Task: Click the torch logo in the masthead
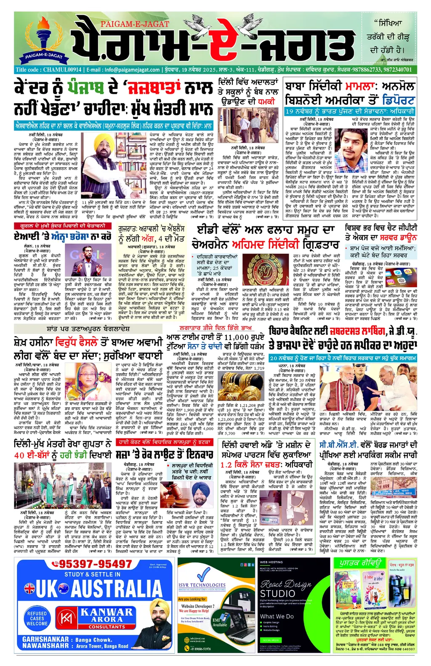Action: pos(44,37)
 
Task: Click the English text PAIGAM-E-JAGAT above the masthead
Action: pos(135,24)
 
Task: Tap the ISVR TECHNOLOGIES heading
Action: pos(202,585)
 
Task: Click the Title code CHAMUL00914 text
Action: pos(48,70)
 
